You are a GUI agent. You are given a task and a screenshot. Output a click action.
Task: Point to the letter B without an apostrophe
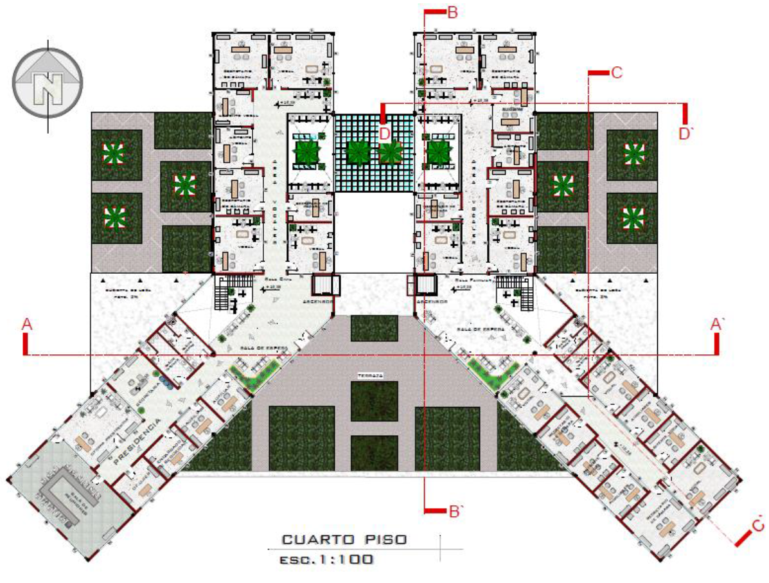coord(452,12)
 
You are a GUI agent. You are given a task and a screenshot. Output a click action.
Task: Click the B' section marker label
coord(457,512)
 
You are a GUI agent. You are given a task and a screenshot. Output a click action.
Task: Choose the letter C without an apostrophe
coord(617,73)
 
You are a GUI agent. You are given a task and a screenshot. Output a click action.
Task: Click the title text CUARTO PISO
coord(344,539)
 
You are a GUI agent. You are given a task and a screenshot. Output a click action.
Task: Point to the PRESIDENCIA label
coord(136,444)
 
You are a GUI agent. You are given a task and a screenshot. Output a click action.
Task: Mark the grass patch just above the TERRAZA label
coord(375,328)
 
